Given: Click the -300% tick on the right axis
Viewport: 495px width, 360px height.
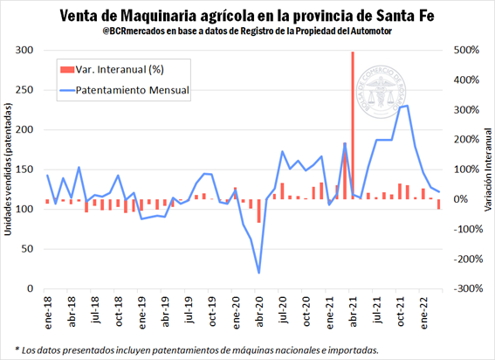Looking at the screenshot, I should coord(464,288).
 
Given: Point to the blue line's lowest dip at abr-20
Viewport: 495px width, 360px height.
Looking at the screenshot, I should coord(258,273).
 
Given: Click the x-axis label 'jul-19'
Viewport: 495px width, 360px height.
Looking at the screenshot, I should coord(212,313).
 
